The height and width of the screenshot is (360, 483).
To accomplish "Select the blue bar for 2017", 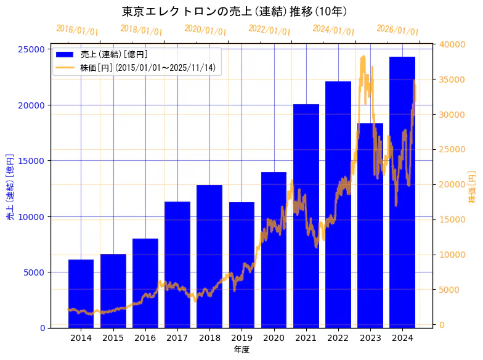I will [x=177, y=264].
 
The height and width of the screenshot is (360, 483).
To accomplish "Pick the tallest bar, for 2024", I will [x=402, y=192].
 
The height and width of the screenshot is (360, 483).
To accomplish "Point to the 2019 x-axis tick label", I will [x=241, y=338].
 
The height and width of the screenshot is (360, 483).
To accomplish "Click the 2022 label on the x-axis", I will [x=338, y=338].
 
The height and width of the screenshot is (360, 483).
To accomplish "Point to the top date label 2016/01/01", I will [x=77, y=30].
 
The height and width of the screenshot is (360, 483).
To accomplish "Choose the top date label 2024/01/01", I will [x=333, y=30].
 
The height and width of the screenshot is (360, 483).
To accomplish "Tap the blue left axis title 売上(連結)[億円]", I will [x=10, y=187].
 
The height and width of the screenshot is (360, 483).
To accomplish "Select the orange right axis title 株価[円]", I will [x=472, y=187].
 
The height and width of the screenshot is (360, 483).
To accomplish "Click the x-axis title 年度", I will [x=241, y=350].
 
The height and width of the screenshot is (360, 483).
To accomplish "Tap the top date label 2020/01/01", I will [x=205, y=30].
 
